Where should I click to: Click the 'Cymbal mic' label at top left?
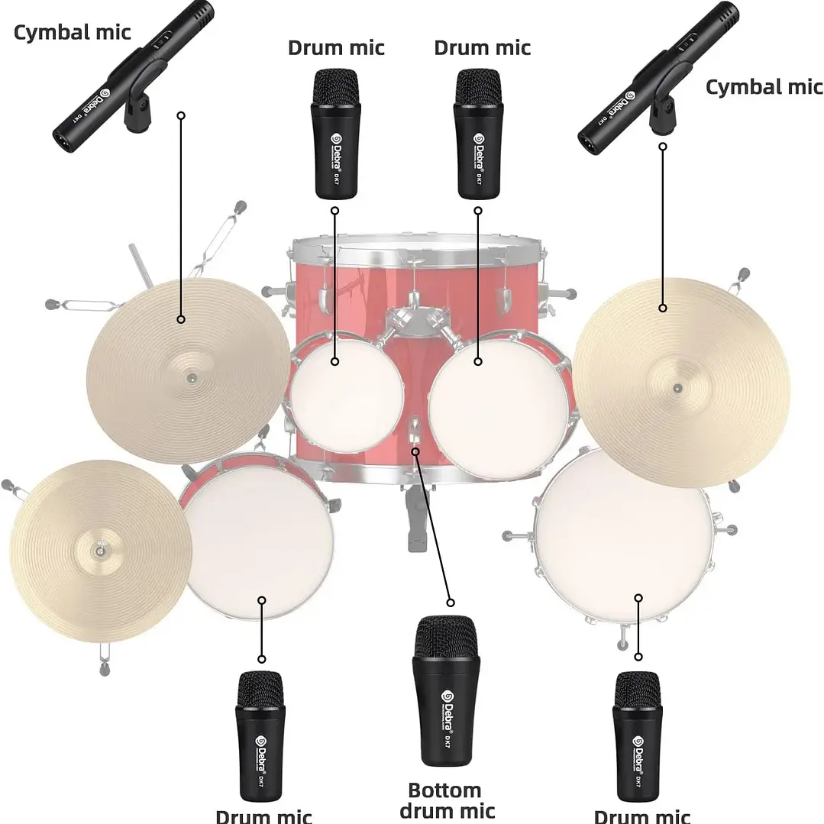pyautogui.click(x=73, y=32)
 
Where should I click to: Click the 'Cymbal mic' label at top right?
pyautogui.click(x=764, y=87)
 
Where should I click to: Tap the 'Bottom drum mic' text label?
pyautogui.click(x=447, y=800)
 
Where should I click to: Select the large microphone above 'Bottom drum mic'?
pyautogui.click(x=446, y=690)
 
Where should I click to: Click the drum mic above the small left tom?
pyautogui.click(x=335, y=134)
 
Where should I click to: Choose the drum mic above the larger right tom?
pyautogui.click(x=478, y=134)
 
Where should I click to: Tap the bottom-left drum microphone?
pyautogui.click(x=261, y=734)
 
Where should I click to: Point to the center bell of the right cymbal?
pyautogui.click(x=677, y=388)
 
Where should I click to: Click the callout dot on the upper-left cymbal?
pyautogui.click(x=181, y=319)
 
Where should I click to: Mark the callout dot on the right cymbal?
pyautogui.click(x=663, y=308)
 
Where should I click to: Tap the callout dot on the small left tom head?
pyautogui.click(x=334, y=361)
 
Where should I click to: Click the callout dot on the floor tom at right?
pyautogui.click(x=638, y=598)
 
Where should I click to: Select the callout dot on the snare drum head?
pyautogui.click(x=262, y=599)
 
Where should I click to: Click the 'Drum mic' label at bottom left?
pyautogui.click(x=263, y=816)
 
